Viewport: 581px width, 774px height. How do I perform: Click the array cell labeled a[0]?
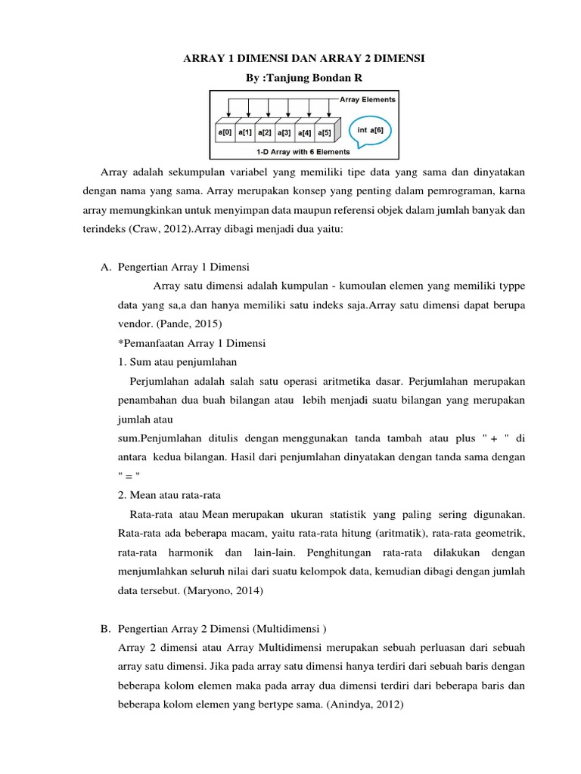[x=224, y=133]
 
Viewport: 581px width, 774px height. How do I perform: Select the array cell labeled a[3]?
[x=284, y=133]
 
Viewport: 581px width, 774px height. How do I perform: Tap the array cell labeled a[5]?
[x=323, y=133]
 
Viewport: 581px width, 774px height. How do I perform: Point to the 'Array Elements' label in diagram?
[x=367, y=98]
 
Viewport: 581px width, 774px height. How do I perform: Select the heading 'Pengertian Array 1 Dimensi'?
[x=185, y=268]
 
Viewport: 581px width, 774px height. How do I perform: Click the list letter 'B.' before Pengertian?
[x=107, y=629]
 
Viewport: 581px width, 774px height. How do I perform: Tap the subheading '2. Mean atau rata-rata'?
[x=169, y=495]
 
